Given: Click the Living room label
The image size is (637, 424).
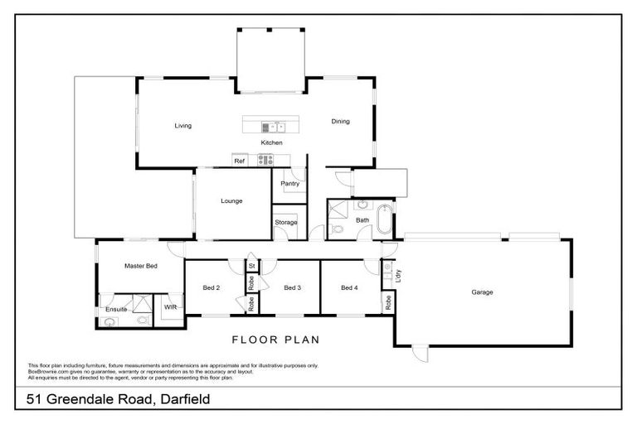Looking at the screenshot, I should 182,126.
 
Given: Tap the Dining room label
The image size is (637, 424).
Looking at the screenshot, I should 340,121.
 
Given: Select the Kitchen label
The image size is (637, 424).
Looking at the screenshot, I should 272,143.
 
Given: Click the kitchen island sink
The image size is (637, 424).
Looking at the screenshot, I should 273,127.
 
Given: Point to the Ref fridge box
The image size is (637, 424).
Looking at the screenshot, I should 239,161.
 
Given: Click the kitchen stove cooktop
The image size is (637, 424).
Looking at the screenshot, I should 265,161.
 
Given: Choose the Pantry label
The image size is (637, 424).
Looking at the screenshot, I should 289,183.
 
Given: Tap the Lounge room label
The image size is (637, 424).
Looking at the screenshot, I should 231,200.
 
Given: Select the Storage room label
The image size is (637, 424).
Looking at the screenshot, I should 285,222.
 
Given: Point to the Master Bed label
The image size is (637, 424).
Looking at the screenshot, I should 140,266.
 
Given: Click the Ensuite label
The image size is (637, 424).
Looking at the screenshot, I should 116,309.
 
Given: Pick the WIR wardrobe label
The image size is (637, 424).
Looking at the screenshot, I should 170,307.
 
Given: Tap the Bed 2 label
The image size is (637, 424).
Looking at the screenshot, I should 211,288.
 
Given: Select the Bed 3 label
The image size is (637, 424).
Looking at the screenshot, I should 291,288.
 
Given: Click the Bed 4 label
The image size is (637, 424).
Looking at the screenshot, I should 349,288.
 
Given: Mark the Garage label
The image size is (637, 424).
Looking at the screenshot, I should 482,292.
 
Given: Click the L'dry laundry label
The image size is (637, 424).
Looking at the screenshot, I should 399,277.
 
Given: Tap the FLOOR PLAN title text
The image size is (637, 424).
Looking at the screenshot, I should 275,340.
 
